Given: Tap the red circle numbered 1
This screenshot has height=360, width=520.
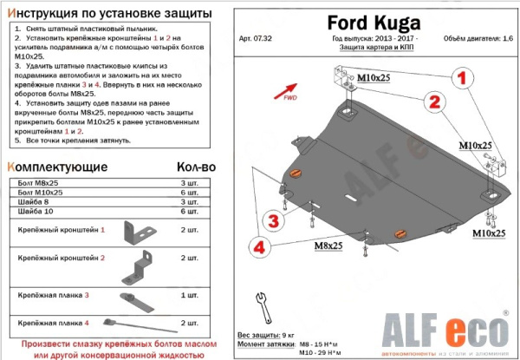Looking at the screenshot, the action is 461,78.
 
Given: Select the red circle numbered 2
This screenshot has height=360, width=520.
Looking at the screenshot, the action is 432,102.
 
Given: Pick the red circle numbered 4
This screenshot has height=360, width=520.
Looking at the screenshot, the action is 257,248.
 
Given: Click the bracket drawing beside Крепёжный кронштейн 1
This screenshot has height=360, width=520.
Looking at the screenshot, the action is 138,232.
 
